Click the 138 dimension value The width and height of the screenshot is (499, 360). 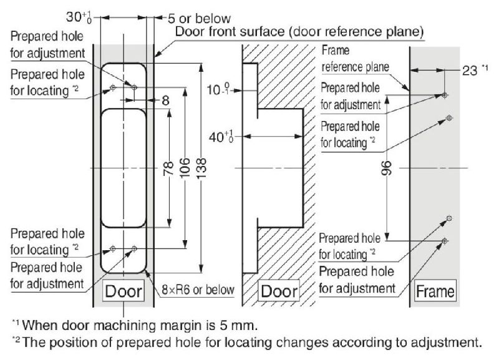201,168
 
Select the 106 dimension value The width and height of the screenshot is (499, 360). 185,167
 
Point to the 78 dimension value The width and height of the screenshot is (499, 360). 168,168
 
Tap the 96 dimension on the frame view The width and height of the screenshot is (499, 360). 385,168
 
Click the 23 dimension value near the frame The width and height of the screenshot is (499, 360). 470,71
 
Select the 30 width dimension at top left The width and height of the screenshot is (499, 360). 79,17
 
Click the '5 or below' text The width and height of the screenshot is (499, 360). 199,19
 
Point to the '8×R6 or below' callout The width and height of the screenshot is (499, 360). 198,289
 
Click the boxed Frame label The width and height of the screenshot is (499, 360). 435,291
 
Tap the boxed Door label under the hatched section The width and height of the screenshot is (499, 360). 279,291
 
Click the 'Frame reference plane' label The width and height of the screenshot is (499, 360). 355,59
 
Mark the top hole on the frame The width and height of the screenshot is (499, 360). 445,95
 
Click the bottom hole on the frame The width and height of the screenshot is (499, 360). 445,241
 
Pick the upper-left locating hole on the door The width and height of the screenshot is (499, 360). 113,87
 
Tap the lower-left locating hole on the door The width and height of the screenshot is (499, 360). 113,248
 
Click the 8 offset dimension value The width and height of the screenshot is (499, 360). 165,100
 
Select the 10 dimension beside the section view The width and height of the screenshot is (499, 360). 218,89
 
